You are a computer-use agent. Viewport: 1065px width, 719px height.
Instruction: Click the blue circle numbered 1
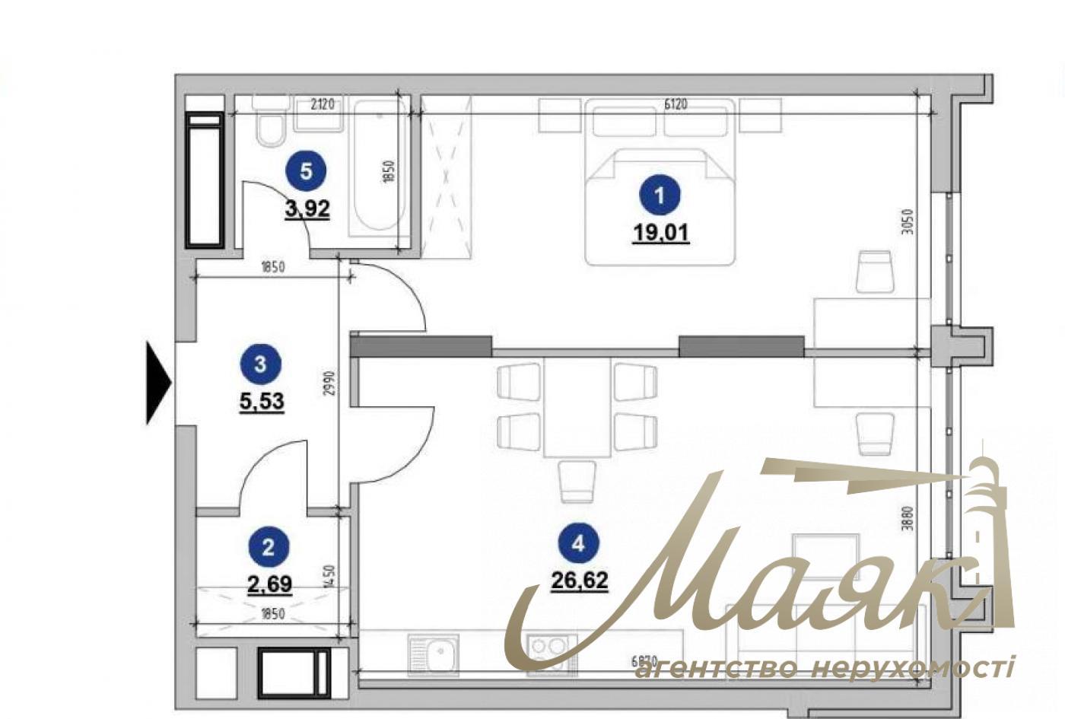[x=659, y=195]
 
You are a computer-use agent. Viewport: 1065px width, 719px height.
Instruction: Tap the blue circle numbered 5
[x=306, y=171]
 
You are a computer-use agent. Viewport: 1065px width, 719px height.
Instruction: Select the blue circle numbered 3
[x=261, y=364]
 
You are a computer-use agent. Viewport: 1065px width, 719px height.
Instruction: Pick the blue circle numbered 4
[x=579, y=543]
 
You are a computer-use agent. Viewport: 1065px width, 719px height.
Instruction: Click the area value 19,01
[x=660, y=232]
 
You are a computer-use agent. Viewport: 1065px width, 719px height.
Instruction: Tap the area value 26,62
[x=579, y=581]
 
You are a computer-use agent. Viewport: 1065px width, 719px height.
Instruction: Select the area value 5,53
[x=262, y=400]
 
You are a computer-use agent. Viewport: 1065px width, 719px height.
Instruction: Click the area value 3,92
[x=307, y=208]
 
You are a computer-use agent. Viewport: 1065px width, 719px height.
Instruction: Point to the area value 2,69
[x=269, y=584]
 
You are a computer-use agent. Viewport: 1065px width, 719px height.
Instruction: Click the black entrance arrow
[x=158, y=382]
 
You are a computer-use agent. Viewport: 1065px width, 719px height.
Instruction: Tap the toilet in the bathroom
[x=269, y=126]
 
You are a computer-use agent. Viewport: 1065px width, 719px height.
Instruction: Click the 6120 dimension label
[x=675, y=104]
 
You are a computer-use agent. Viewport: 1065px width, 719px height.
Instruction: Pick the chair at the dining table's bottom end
[x=576, y=482]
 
